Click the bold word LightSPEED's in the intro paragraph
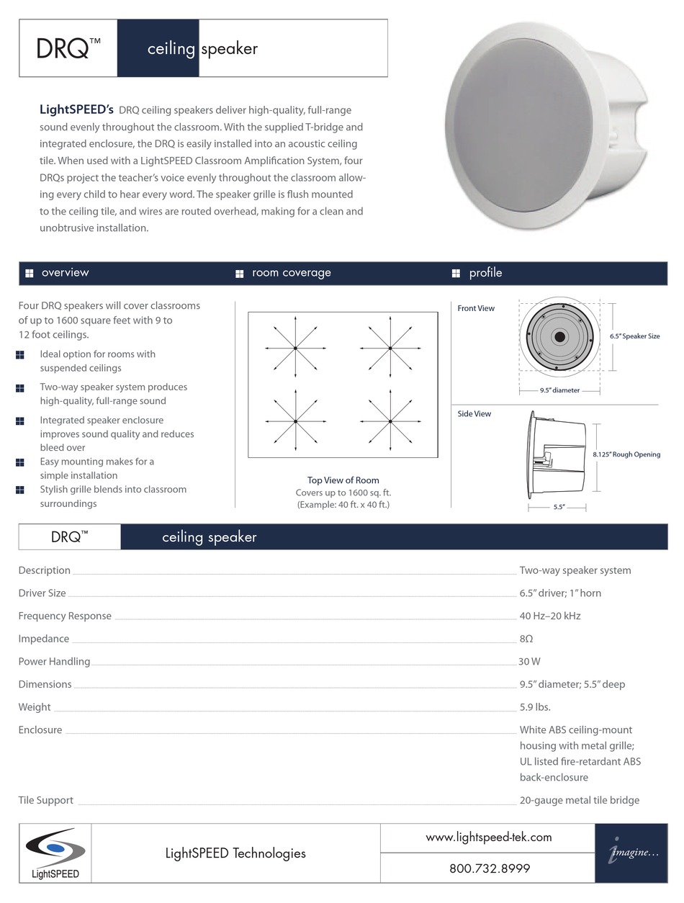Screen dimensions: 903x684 tap(76, 110)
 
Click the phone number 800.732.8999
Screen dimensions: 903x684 tap(490, 868)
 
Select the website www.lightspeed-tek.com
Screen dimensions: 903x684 tap(489, 837)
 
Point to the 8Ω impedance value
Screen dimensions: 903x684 tap(526, 639)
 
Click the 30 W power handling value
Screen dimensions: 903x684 tap(529, 662)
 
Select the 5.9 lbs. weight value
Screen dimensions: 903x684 tap(535, 707)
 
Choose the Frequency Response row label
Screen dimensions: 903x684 tap(65, 616)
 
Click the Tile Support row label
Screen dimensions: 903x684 tap(45, 800)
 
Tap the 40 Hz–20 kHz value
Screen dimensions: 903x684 tap(550, 616)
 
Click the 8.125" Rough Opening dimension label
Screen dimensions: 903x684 tap(626, 454)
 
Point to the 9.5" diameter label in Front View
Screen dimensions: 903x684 tap(559, 391)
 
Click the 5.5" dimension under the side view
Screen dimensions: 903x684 tap(559, 507)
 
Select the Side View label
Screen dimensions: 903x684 tap(474, 414)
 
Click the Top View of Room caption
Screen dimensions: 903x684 tap(343, 480)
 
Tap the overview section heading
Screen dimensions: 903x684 tap(65, 273)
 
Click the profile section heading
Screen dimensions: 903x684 tap(485, 273)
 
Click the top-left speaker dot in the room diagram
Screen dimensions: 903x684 tap(295, 349)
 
